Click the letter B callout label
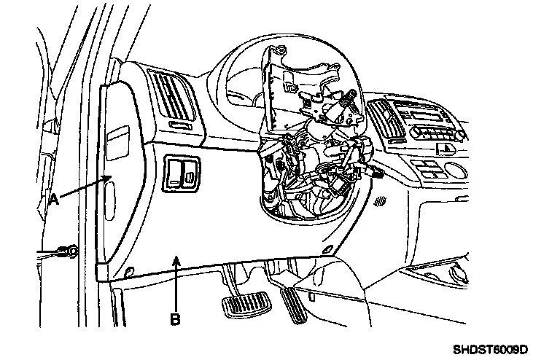click(176, 318)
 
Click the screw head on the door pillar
click(71, 252)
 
